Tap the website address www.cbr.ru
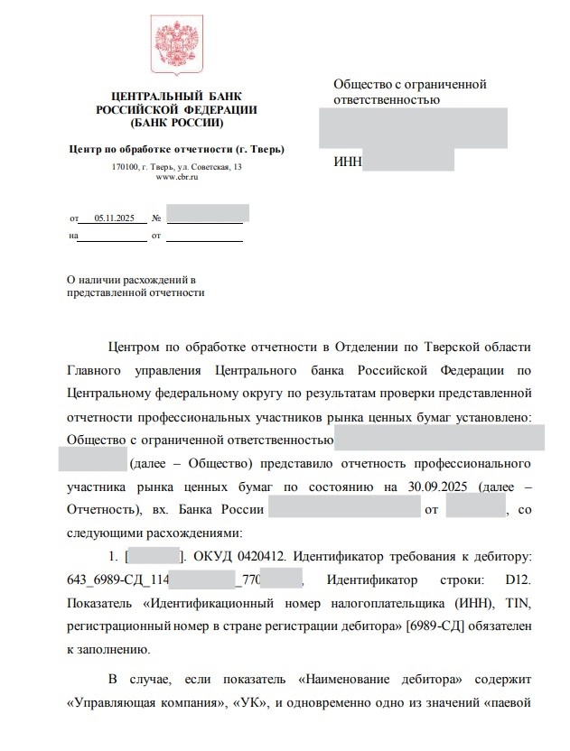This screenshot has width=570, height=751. point(177,177)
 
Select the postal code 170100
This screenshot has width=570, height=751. point(125,167)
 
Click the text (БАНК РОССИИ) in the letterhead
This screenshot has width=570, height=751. point(176,122)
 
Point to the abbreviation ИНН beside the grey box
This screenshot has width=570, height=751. point(347,162)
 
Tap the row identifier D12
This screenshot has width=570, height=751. point(516,578)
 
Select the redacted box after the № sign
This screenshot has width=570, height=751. point(208,215)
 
